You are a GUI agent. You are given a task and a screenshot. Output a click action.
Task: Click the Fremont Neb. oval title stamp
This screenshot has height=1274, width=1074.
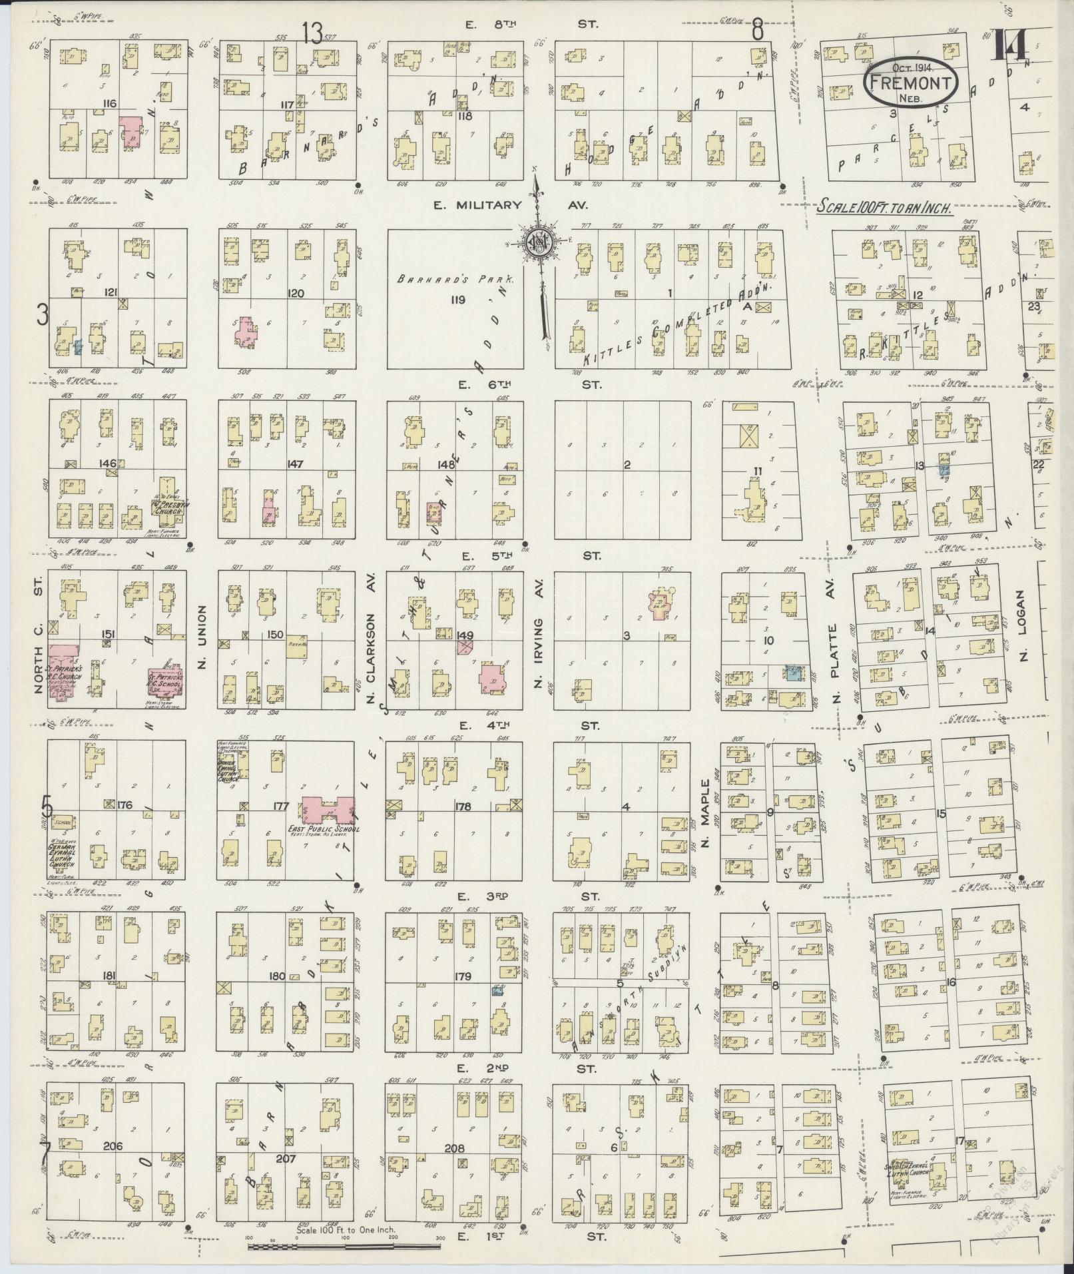(x=911, y=81)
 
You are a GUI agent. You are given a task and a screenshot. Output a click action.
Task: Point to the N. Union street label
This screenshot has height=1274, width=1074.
(x=203, y=637)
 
